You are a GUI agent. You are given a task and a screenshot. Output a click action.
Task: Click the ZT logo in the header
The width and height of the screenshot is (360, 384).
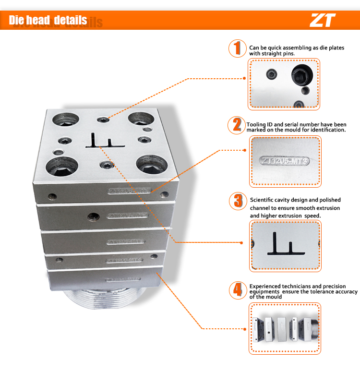tap(323, 20)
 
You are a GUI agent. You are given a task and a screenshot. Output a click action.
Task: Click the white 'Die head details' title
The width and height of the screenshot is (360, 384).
tap(48, 20)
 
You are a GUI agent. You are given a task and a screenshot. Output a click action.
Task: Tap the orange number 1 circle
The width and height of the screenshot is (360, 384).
tap(236, 48)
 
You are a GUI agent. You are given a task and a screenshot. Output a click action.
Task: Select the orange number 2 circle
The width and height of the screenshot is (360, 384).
tap(236, 125)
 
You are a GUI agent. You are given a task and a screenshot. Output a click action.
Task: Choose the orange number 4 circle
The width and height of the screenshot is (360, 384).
tap(237, 289)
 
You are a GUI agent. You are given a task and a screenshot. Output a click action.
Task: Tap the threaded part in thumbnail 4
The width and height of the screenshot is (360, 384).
tap(314, 328)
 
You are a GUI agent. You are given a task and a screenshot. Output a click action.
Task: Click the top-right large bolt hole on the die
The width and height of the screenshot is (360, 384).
tap(139, 120)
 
